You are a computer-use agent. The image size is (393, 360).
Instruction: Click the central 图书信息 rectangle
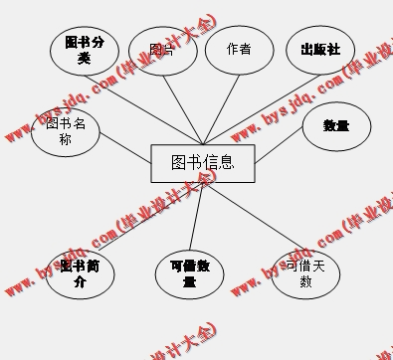(x=204, y=163)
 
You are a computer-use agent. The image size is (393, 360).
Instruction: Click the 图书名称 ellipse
(x=66, y=131)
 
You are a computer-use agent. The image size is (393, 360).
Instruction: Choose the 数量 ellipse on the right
(x=336, y=126)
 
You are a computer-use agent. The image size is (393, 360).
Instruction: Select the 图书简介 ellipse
(x=80, y=273)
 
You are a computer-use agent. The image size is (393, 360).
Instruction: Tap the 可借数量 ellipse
(x=189, y=273)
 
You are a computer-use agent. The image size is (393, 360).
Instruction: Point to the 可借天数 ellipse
(x=305, y=273)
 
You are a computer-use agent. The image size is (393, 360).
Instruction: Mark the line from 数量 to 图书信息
(x=281, y=150)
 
